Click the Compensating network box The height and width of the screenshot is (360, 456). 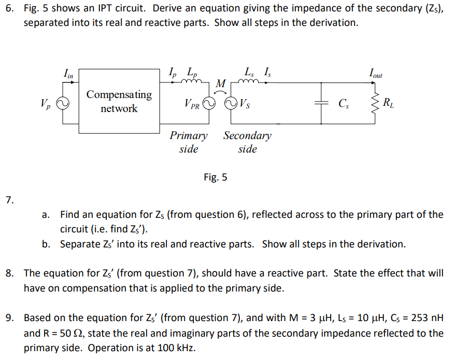119,102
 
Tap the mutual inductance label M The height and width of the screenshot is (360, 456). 221,84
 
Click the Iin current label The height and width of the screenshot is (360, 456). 68,75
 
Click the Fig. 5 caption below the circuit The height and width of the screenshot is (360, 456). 216,177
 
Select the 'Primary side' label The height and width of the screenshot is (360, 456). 189,142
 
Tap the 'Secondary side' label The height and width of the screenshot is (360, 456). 247,142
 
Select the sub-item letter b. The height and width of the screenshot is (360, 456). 47,244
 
